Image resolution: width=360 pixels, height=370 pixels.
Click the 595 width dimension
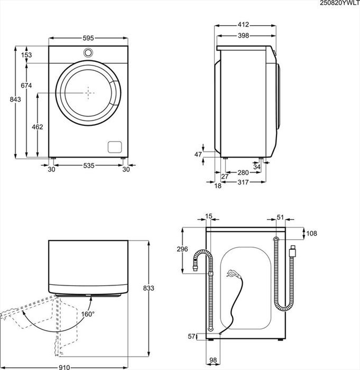point(88,38)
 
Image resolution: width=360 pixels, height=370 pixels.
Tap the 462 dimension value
point(37,127)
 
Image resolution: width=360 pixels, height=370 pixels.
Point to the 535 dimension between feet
point(89,166)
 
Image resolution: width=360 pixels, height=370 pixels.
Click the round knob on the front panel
point(88,53)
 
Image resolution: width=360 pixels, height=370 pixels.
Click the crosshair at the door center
point(89,92)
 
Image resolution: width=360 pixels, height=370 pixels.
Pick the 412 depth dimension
point(243,25)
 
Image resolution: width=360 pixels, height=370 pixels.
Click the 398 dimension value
point(243,35)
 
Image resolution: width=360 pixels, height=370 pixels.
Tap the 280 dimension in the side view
point(243,173)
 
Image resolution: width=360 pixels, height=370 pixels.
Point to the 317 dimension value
point(243,182)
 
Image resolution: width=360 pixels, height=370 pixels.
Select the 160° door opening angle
point(88,314)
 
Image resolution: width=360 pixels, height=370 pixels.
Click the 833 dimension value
point(148,288)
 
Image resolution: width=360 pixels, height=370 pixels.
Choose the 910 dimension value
point(64,367)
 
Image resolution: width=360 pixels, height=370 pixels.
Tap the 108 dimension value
point(311,234)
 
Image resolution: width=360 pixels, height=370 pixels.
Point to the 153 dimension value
point(26,55)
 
